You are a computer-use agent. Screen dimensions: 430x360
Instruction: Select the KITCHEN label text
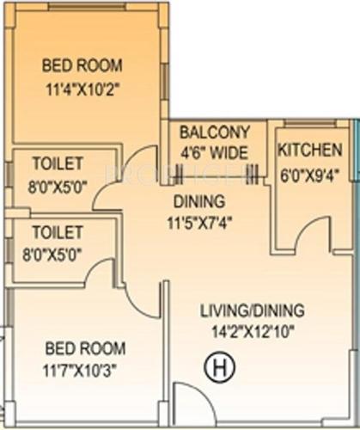pyautogui.click(x=310, y=150)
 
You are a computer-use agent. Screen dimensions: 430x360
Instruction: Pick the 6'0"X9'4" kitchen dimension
pyautogui.click(x=310, y=172)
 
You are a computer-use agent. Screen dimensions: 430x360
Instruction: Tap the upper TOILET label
pyautogui.click(x=58, y=163)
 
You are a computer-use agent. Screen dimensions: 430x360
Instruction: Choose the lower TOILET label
pyautogui.click(x=58, y=232)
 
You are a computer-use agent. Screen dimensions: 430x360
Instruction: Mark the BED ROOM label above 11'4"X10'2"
pyautogui.click(x=82, y=64)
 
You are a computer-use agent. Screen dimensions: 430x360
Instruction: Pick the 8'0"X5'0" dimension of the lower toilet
pyautogui.click(x=58, y=252)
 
